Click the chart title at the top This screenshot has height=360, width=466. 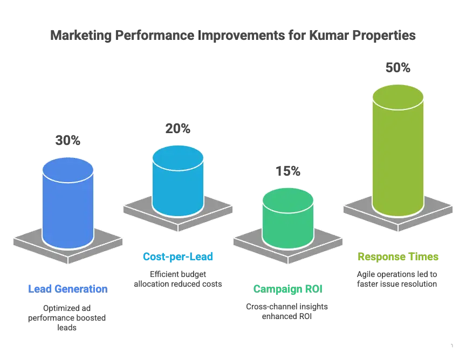(232, 36)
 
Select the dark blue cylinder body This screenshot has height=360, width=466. (68, 210)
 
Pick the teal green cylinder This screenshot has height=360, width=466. (287, 224)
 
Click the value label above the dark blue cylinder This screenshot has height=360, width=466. (67, 140)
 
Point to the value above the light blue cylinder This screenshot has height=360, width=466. (177, 128)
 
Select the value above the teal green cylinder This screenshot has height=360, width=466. (288, 170)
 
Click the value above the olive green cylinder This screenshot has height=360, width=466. (398, 67)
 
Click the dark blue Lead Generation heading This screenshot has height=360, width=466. (67, 289)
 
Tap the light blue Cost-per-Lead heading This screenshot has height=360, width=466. (179, 257)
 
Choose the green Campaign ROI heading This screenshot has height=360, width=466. (288, 289)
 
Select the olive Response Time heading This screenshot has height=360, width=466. (398, 258)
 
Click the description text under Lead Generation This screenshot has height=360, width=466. (67, 315)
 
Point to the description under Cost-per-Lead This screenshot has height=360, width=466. (179, 279)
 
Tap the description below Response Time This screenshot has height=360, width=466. (398, 279)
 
